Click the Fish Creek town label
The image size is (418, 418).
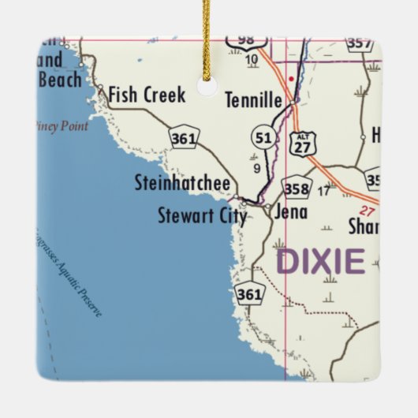[x=147, y=95]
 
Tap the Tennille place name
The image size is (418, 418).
[x=254, y=101]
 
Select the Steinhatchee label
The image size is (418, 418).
[x=182, y=185]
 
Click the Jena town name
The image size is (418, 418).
[x=290, y=211]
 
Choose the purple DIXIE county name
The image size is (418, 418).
[x=321, y=261]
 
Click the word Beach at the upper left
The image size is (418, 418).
[x=59, y=80]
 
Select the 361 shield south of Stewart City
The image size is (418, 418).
[x=249, y=293]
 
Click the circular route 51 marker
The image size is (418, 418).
[x=263, y=138]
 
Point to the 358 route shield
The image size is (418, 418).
[x=297, y=188]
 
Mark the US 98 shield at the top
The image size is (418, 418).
[x=245, y=40]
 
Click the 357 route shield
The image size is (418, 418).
[x=359, y=43]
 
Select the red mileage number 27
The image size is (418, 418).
[x=365, y=211]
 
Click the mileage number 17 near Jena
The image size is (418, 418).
[x=323, y=190]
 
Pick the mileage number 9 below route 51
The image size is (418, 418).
[x=256, y=167]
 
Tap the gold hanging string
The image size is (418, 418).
[x=207, y=39]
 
